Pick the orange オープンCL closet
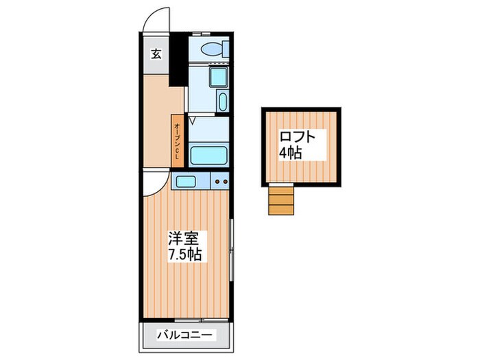(x=177, y=141)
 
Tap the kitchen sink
(x=186, y=182)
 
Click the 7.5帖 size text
(x=185, y=255)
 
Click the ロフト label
(x=298, y=136)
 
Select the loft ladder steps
(x=280, y=200)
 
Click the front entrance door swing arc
(x=155, y=21)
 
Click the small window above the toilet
(x=201, y=32)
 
